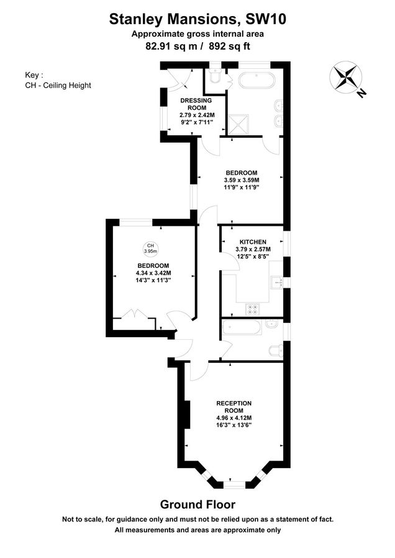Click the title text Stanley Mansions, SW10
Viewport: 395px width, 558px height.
click(197, 20)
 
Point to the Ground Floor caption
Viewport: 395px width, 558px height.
click(197, 504)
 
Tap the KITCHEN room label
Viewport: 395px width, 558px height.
click(253, 242)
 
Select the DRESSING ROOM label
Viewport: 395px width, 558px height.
click(196, 104)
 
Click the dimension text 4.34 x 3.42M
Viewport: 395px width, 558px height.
click(153, 273)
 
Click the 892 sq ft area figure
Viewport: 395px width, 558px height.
click(231, 45)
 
